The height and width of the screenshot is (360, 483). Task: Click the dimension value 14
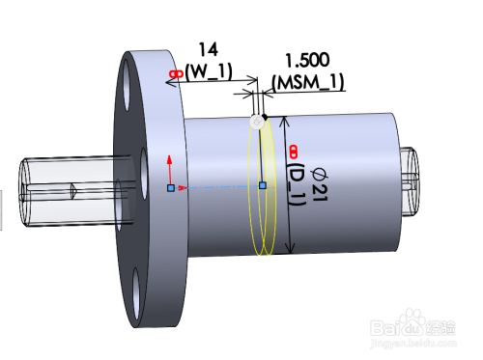coord(209,50)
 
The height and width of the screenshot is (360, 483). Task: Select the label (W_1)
coord(209,71)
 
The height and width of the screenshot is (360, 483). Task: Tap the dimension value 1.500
coord(307,60)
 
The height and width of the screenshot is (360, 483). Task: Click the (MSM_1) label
coord(308,82)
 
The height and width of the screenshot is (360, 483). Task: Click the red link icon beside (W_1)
coord(177,74)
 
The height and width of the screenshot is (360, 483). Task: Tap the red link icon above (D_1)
coord(293,152)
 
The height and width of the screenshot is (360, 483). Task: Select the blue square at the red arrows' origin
coord(171,188)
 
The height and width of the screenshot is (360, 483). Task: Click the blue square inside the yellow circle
coord(263,185)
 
